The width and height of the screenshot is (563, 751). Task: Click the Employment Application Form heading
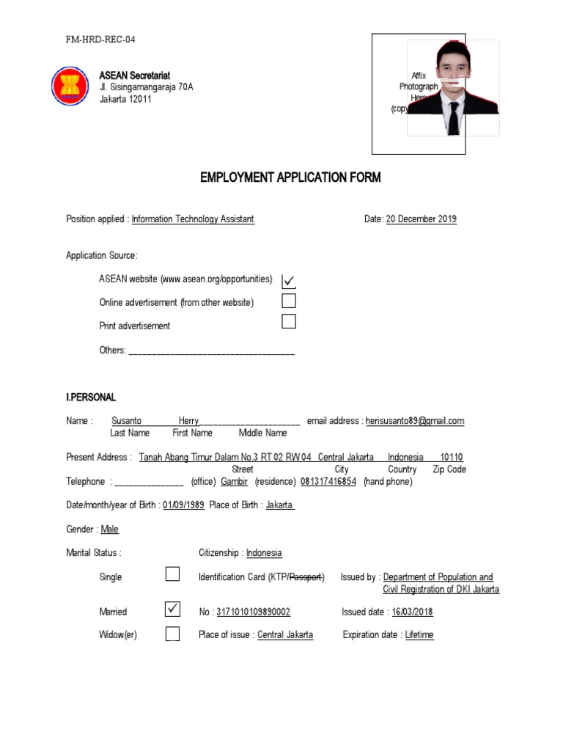pyautogui.click(x=290, y=178)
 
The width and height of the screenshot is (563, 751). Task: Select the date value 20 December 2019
pyautogui.click(x=421, y=219)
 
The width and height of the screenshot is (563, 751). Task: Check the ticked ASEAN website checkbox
pyautogui.click(x=289, y=280)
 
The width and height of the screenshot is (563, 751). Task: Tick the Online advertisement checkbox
pyautogui.click(x=289, y=301)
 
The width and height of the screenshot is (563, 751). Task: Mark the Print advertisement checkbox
pyautogui.click(x=289, y=321)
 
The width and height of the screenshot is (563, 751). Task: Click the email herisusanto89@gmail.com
pyautogui.click(x=414, y=421)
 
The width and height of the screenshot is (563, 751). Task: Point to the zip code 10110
pyautogui.click(x=452, y=457)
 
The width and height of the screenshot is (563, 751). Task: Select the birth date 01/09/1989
pyautogui.click(x=183, y=505)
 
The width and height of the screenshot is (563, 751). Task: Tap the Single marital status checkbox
pyautogui.click(x=172, y=574)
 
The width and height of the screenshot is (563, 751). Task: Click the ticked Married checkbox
pyautogui.click(x=172, y=609)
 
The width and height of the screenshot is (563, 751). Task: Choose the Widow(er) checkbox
pyautogui.click(x=172, y=634)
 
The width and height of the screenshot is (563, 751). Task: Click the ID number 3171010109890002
pyautogui.click(x=254, y=612)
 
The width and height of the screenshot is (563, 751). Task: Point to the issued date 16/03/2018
pyautogui.click(x=413, y=612)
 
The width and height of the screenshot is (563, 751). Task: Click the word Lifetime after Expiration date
pyautogui.click(x=419, y=635)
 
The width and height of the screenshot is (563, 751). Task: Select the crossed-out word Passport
pyautogui.click(x=306, y=577)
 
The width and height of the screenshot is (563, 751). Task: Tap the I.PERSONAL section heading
pyautogui.click(x=91, y=398)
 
